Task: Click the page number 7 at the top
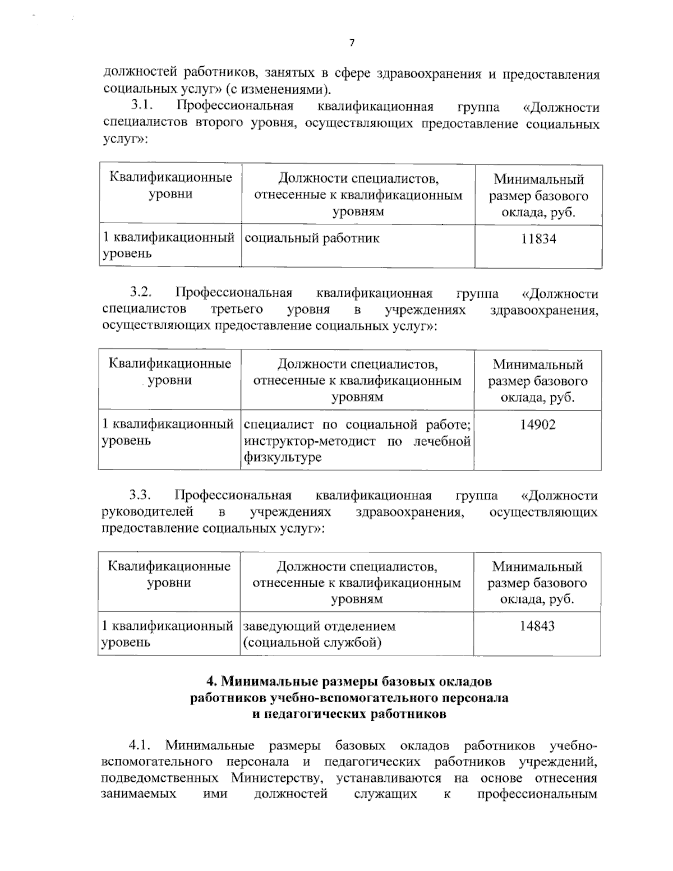click(x=352, y=43)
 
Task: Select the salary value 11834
click(x=538, y=239)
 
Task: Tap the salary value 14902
click(x=538, y=425)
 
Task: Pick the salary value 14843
click(x=537, y=626)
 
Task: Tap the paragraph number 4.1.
click(x=141, y=746)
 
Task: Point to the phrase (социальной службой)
click(x=312, y=643)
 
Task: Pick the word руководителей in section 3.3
click(x=149, y=511)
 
